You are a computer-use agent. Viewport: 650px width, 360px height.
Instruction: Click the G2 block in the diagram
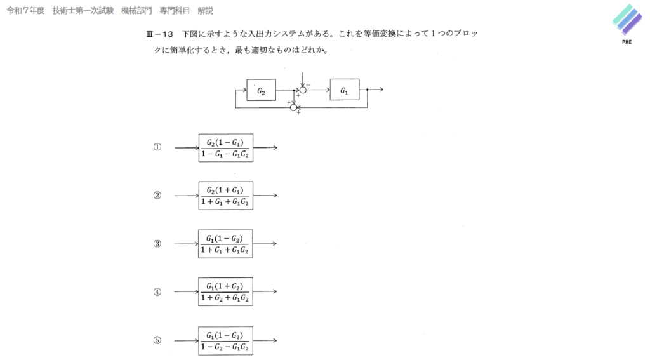click(x=262, y=91)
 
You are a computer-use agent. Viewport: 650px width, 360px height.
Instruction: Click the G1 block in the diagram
click(x=344, y=90)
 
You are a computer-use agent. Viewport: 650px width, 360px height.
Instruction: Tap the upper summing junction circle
click(x=303, y=90)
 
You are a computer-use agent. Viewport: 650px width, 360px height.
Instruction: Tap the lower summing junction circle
click(x=294, y=107)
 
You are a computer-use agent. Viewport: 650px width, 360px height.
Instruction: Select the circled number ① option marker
click(x=157, y=147)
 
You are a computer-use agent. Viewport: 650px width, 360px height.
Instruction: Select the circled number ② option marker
click(x=157, y=196)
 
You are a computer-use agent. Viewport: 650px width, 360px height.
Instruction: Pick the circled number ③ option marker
click(x=157, y=244)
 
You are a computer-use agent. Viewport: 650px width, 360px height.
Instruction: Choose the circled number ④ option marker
click(x=157, y=292)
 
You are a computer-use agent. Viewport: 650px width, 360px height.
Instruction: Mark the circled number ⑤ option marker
click(x=157, y=340)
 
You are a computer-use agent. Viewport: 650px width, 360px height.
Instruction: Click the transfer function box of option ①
click(x=225, y=148)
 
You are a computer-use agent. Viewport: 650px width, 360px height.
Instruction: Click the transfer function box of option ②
click(x=225, y=196)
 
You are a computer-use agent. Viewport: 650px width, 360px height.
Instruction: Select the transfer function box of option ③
click(x=225, y=244)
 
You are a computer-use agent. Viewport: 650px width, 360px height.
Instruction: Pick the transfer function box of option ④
click(x=225, y=292)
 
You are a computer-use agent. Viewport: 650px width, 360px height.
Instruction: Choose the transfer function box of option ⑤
click(x=225, y=340)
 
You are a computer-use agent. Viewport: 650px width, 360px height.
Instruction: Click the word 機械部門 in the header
click(x=136, y=11)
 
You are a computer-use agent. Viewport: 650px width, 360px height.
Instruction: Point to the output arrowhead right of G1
click(x=381, y=90)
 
